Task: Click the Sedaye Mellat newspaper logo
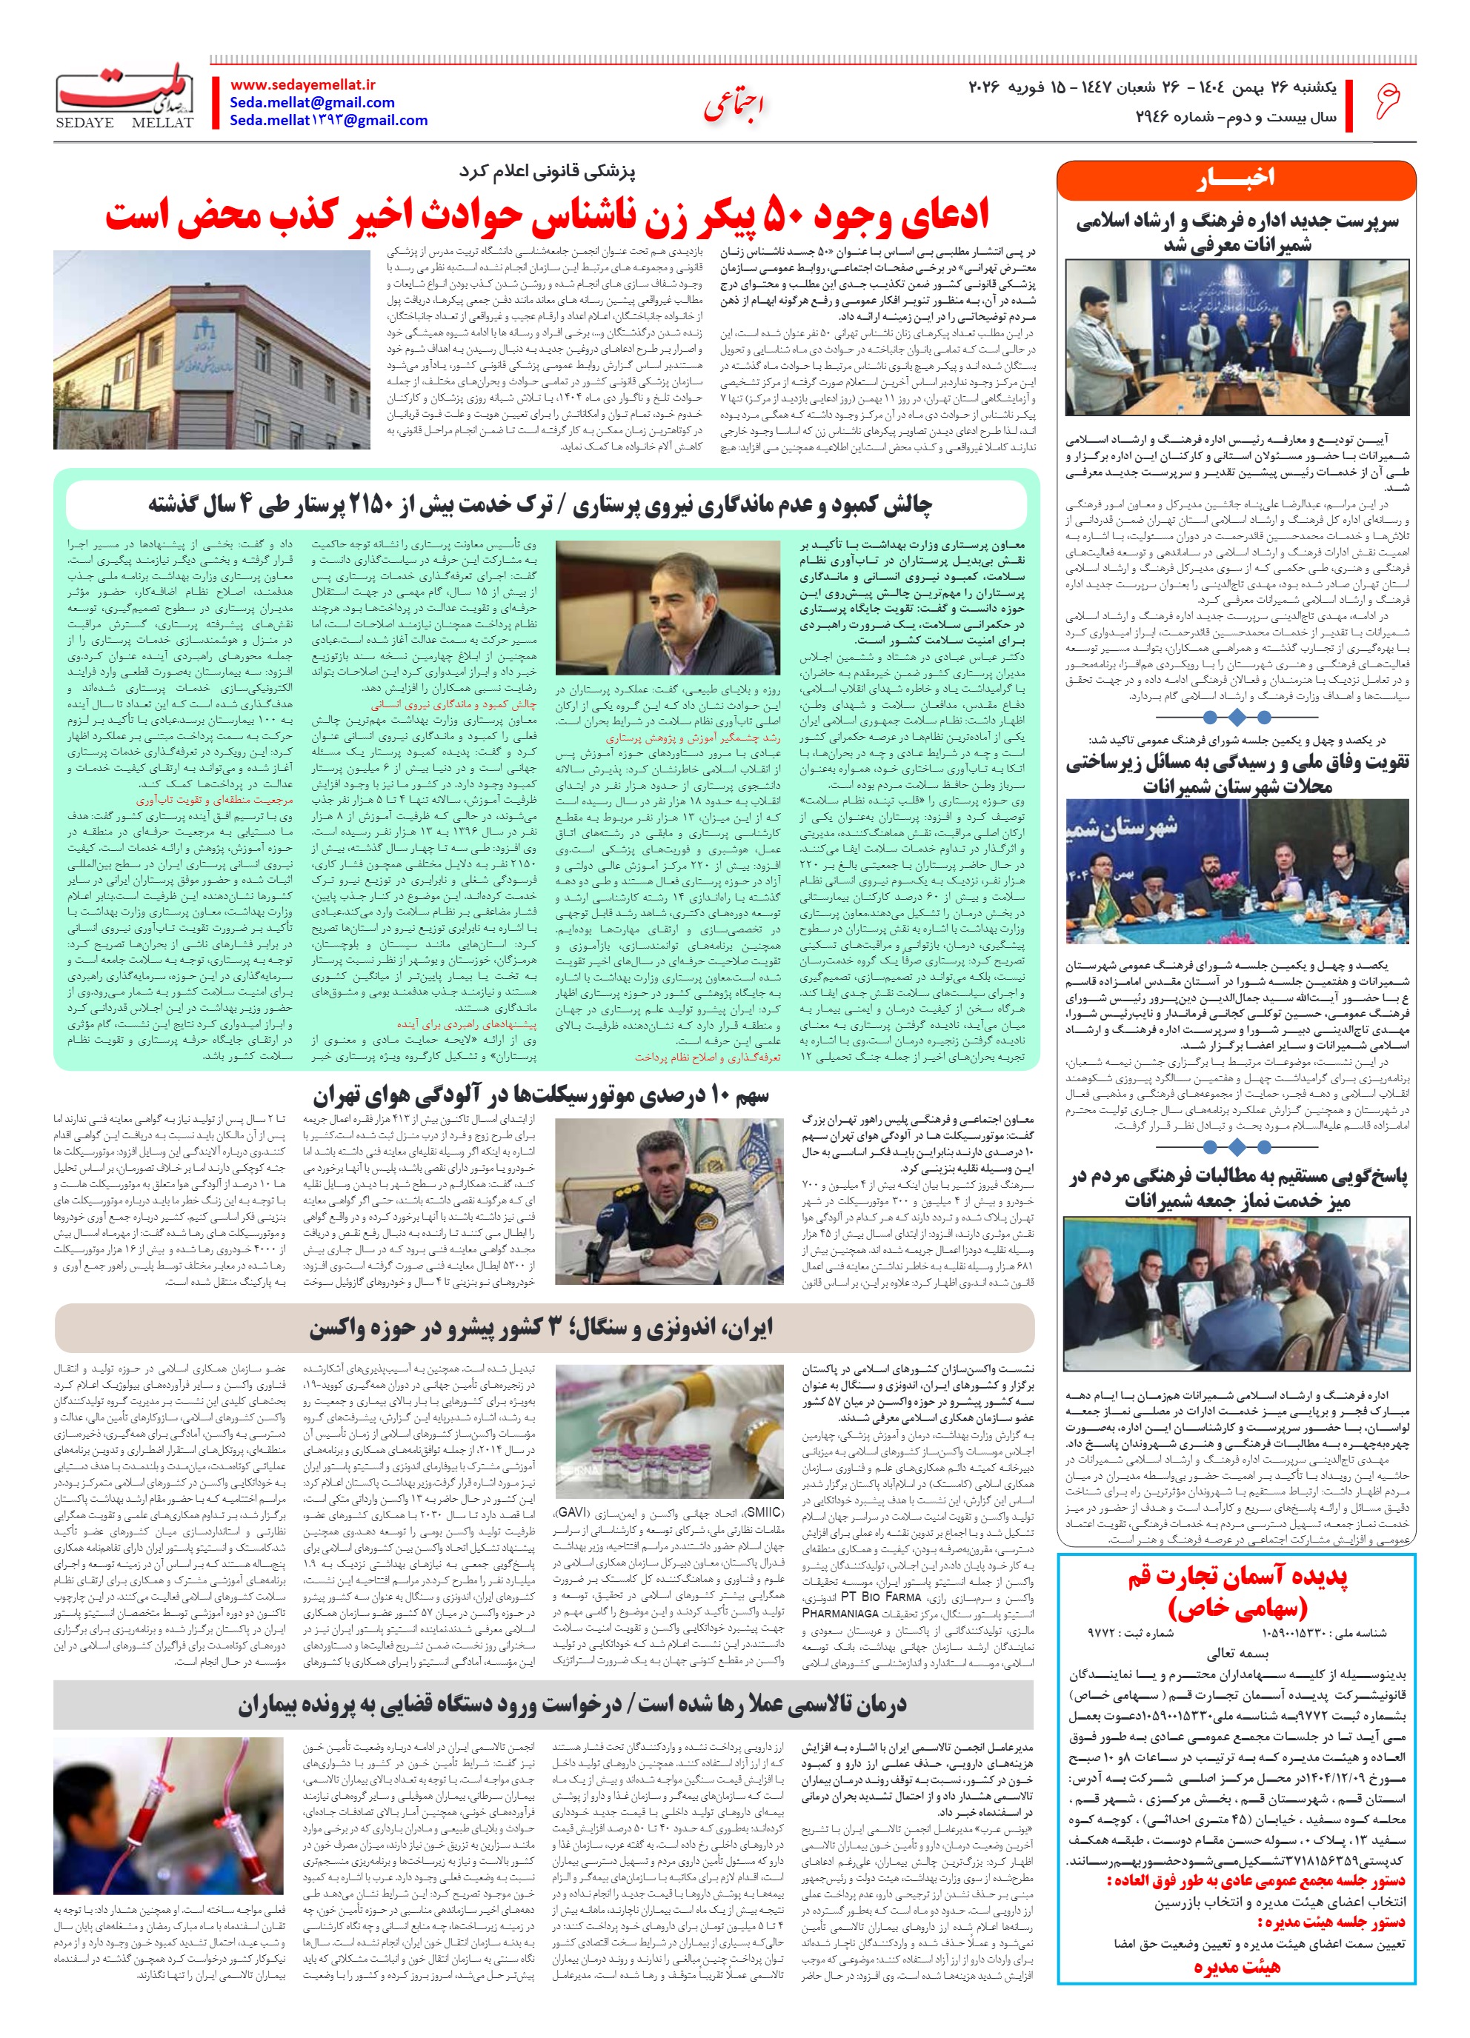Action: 125,97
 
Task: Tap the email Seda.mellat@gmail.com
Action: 312,102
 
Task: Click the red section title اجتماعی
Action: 733,105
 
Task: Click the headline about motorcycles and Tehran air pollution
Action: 542,1095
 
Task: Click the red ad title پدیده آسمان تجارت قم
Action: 1237,1591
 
